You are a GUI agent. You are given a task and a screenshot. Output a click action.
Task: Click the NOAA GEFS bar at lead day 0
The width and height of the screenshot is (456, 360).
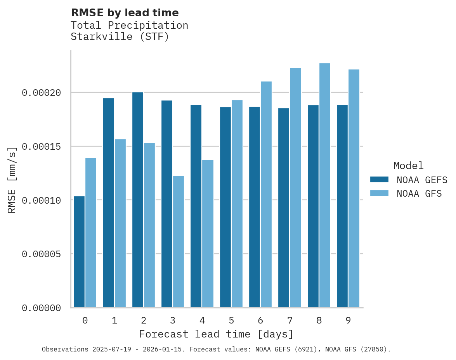point(79,252)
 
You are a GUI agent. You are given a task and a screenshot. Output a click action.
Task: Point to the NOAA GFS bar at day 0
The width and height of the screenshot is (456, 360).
point(91,233)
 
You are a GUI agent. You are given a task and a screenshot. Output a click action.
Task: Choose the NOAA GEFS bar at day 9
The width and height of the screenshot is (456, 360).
point(342,206)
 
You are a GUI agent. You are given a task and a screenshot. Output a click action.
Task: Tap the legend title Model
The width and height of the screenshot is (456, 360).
point(408,166)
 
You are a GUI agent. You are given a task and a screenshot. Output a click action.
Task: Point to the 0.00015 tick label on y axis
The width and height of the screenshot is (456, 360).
point(42,147)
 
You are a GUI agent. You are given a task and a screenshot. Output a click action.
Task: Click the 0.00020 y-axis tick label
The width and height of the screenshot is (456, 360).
point(42,93)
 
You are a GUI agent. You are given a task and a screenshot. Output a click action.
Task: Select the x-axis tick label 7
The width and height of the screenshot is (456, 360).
point(290,320)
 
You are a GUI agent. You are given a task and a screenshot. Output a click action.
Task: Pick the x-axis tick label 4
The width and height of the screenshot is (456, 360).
point(202,320)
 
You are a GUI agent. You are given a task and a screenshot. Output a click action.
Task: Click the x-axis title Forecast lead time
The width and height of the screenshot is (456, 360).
point(216,334)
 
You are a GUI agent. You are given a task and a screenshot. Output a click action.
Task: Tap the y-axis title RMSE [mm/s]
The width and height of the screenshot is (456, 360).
point(12,180)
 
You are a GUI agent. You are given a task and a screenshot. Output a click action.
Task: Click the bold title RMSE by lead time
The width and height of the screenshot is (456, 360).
point(125,13)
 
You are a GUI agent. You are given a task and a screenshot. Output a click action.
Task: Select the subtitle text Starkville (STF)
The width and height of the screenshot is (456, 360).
point(120,37)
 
